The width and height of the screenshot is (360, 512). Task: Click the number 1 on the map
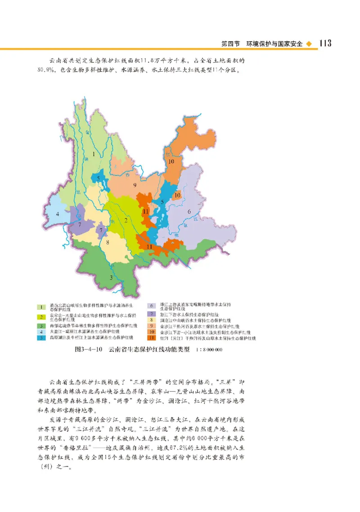(94, 154)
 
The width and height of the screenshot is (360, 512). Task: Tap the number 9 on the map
(134, 185)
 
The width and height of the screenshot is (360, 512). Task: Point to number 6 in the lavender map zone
(189, 212)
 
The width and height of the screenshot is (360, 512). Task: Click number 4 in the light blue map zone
(58, 214)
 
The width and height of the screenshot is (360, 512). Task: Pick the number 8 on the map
(108, 242)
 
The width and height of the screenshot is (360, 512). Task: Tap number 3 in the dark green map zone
(111, 277)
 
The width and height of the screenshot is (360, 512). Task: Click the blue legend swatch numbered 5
(41, 337)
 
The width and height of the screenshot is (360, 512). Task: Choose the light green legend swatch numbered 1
(41, 307)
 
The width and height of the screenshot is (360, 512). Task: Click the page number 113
(325, 43)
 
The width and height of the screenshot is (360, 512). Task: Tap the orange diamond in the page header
(308, 44)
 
